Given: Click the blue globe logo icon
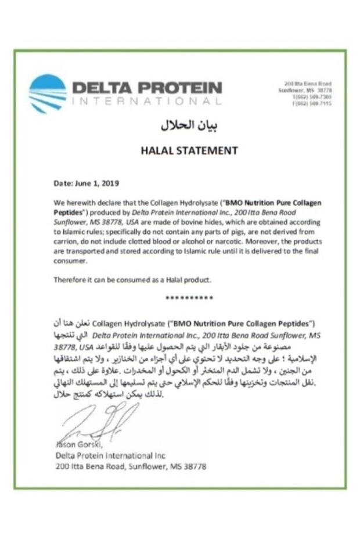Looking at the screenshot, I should click(48, 93).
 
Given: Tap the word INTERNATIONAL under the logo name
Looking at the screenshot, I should click(146, 102).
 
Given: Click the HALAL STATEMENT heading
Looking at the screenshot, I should click(189, 150).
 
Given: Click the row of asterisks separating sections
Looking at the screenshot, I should click(189, 298).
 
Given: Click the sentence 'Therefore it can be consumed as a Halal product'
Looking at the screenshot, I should click(132, 279).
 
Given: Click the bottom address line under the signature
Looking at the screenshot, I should click(131, 466).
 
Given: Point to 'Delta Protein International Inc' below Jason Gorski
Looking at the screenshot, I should click(110, 456).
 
